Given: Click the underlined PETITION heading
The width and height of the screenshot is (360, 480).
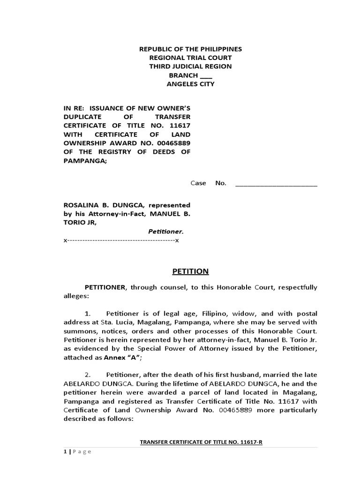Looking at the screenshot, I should pos(190,272).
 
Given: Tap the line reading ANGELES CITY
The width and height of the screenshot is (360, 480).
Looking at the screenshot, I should pos(190,84).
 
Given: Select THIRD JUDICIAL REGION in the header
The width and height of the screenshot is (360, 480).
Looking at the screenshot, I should pos(190,67).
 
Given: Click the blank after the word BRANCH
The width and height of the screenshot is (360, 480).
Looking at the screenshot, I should pos(206,75).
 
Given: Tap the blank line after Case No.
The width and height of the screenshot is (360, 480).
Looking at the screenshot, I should pos(276,183).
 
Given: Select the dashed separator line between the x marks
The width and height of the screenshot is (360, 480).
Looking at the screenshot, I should pos(121,240).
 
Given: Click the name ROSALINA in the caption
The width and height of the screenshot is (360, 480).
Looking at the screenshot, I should pos(80,205).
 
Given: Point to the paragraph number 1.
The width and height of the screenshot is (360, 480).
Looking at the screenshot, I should pos(87,313).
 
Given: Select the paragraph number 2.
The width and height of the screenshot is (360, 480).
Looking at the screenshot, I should pos(87,375).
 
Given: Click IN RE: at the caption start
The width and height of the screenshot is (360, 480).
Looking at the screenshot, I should pos(74,108).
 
